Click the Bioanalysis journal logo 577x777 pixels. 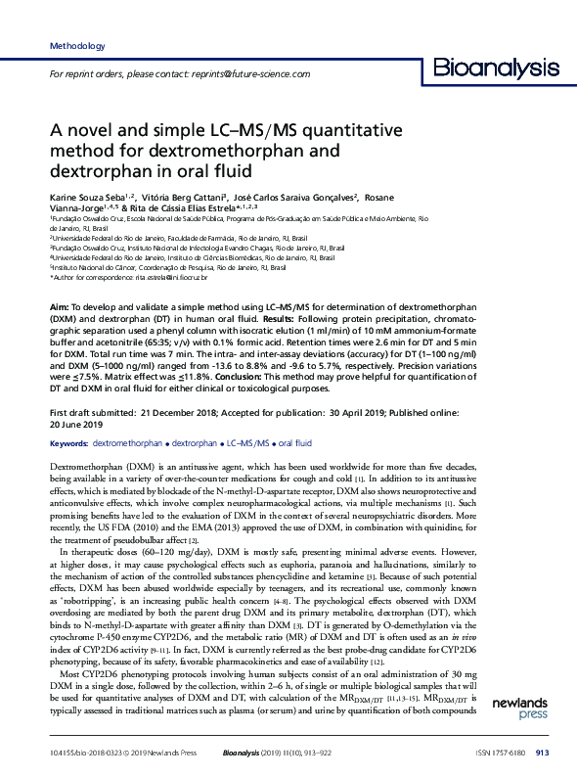(x=496, y=67)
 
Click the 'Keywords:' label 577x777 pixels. (x=67, y=444)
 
